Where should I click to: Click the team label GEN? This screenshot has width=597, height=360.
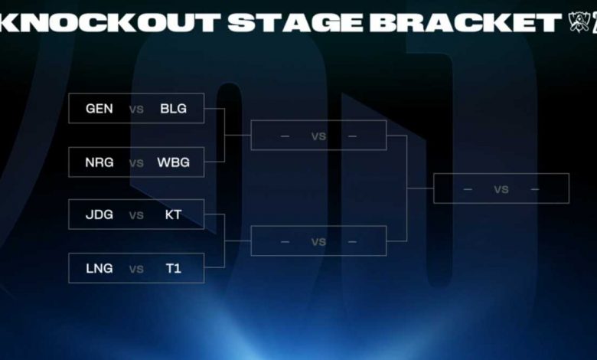(99, 109)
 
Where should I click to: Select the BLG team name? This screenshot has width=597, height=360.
(173, 109)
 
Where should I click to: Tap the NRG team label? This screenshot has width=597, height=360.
(99, 162)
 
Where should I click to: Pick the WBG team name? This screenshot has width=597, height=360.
(173, 162)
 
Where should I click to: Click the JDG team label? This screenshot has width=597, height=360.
(99, 215)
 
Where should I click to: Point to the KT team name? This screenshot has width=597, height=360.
(173, 215)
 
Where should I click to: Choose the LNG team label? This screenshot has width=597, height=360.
(99, 269)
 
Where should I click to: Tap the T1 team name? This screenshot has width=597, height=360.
(173, 269)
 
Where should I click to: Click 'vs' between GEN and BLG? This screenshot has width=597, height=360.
(137, 109)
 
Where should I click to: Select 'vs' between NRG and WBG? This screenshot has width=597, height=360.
(137, 162)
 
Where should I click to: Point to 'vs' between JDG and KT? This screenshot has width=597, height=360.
(137, 215)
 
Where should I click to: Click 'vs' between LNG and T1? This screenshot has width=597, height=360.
(137, 269)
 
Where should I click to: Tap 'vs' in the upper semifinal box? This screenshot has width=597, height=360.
(318, 136)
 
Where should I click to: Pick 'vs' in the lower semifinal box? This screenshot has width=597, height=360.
(318, 242)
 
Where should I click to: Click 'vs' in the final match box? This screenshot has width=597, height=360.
(501, 189)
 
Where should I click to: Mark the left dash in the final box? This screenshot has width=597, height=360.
(468, 189)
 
